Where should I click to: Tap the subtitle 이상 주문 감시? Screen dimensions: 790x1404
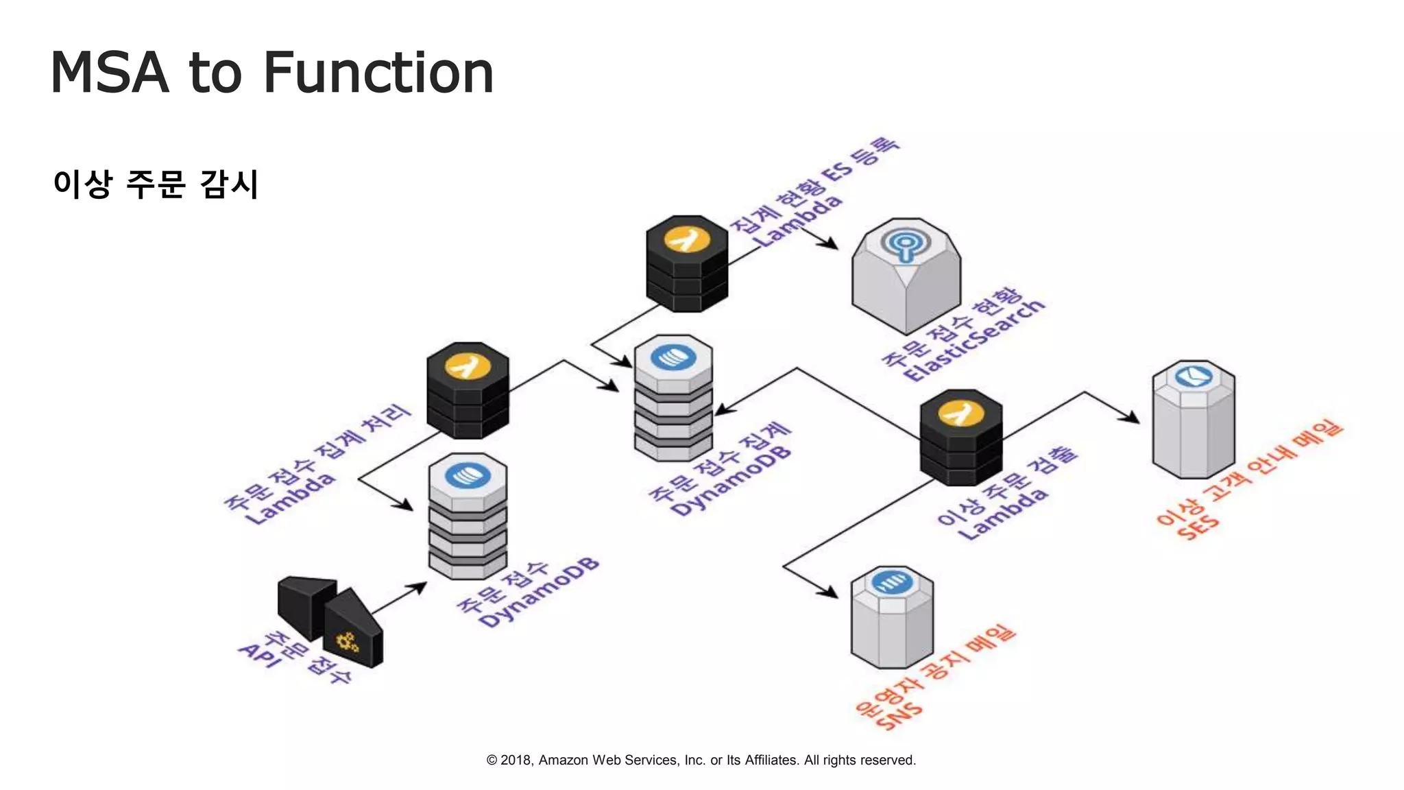tap(156, 184)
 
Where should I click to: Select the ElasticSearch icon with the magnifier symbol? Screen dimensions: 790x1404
tap(906, 274)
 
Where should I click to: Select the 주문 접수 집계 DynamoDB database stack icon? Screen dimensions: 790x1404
tap(673, 398)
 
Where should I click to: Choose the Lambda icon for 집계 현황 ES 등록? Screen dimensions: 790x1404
tap(687, 263)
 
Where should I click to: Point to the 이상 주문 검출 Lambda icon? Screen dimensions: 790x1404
tap(960, 437)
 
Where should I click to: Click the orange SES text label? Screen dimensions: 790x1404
tap(1198, 529)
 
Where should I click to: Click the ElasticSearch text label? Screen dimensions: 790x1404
tap(973, 341)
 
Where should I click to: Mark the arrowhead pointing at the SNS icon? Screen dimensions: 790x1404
tap(830, 592)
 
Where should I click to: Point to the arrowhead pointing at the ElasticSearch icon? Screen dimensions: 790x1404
tap(830, 243)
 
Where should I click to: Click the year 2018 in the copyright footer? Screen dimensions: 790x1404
tap(515, 760)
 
